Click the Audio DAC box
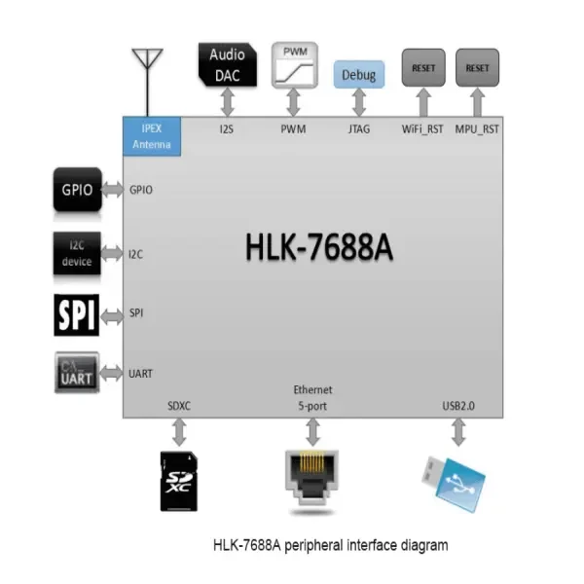228,64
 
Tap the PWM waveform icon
293,64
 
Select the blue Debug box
359,74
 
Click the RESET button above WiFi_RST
423,68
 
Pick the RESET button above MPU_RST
477,68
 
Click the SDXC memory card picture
180,479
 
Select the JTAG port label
359,128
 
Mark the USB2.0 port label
456,404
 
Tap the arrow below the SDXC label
180,429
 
